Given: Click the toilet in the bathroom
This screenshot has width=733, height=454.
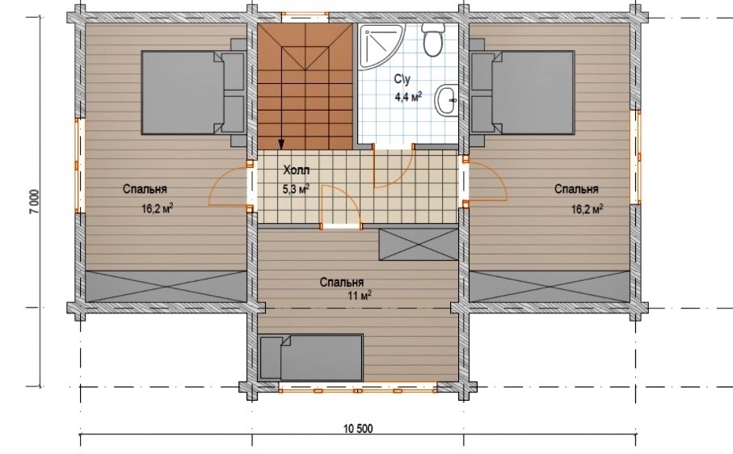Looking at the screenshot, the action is pos(432,40).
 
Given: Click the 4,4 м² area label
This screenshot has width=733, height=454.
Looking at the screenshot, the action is pos(408,97).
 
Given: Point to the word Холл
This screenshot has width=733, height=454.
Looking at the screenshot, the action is pos(297,170).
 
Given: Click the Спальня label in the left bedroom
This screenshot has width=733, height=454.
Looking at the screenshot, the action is pos(145,189).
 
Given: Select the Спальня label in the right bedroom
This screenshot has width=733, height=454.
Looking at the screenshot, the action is pos(576,189).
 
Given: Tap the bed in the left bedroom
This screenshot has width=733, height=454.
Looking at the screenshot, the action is pos(193,92).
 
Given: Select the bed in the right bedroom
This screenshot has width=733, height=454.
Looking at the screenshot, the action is pos(523,92).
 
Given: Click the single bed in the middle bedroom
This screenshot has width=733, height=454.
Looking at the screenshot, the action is pos(311,358).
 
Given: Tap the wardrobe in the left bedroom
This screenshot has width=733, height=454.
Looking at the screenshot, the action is pos(166,286).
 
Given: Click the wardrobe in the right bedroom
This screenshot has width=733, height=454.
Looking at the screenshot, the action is pos(550,286).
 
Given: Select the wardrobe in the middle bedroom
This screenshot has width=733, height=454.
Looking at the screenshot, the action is pos(419,244).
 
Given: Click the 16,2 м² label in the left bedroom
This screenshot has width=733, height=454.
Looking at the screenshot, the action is pos(158,208).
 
